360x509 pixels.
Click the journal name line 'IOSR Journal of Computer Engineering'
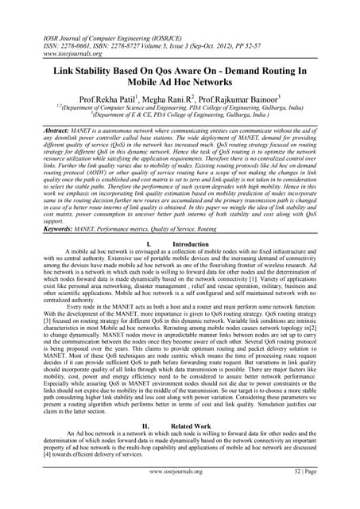click(87, 36)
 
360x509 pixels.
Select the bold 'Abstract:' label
click(41, 133)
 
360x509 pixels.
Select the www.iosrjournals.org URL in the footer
click(180, 494)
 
